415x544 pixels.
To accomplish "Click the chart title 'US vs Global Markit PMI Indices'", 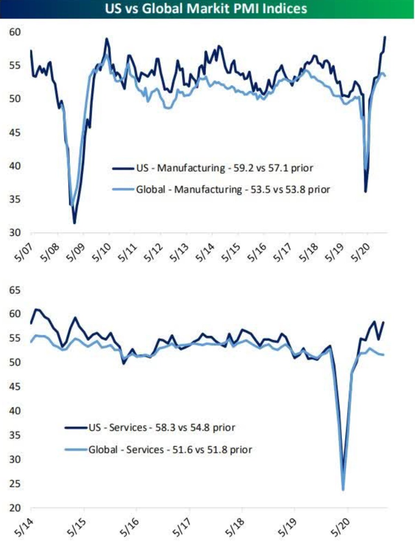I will click(x=206, y=8).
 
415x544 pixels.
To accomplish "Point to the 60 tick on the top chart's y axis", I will click(x=15, y=32).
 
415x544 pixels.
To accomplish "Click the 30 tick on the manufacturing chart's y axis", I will click(x=15, y=232).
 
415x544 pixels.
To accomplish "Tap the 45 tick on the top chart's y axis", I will click(x=15, y=133).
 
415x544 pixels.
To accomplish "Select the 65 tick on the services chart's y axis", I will click(x=15, y=290).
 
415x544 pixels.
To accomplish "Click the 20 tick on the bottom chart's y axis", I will click(x=15, y=508).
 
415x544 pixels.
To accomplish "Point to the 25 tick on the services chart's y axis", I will click(x=15, y=484).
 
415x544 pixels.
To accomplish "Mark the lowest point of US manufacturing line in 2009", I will click(x=74, y=223).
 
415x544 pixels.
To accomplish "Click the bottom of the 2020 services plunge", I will click(x=343, y=490).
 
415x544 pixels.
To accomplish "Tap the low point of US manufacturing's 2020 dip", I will click(x=365, y=192).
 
